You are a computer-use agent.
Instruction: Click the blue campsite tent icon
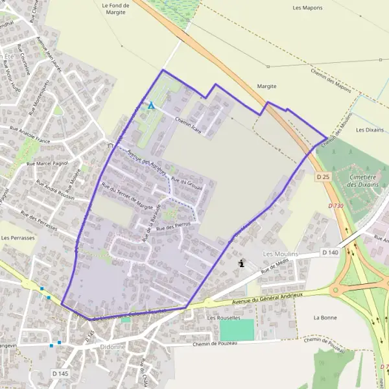click(x=151, y=106)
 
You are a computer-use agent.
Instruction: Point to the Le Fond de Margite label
click(x=116, y=8)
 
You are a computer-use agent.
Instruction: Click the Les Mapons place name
click(x=307, y=8)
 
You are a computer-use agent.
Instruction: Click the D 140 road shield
click(x=329, y=252)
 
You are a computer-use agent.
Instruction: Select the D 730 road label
click(x=335, y=206)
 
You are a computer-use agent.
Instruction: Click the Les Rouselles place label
click(x=223, y=318)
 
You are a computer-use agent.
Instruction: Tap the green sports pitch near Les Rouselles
click(x=236, y=329)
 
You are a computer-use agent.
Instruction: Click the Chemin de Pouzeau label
click(x=215, y=343)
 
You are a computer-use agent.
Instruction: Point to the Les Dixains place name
click(x=370, y=130)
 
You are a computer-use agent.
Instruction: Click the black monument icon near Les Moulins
click(x=242, y=264)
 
